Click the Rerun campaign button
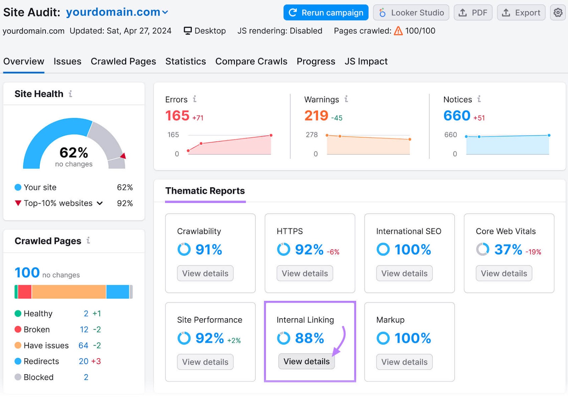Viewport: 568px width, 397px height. pos(326,13)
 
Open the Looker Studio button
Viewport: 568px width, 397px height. pos(411,13)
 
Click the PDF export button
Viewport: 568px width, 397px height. pos(473,13)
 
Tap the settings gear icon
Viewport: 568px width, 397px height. pos(558,13)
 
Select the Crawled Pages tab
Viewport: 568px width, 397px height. pos(123,61)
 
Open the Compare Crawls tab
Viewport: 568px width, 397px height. pos(251,61)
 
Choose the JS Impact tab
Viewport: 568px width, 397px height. pos(366,61)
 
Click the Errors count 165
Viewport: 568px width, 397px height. pos(177,116)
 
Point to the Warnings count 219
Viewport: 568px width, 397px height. pos(316,116)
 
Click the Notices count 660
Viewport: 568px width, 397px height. pos(457,116)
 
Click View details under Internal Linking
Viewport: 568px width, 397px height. pos(306,362)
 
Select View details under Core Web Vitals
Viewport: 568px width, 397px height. pos(504,274)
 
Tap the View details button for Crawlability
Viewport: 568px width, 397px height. pos(205,274)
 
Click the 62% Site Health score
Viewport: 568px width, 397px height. pos(74,153)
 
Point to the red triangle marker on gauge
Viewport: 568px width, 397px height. pos(123,156)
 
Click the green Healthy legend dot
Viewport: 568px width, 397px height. pos(18,314)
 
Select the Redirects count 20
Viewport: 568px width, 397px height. pos(83,362)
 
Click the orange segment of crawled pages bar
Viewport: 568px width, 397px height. pos(69,292)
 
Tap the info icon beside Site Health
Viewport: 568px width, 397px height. pos(71,94)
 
